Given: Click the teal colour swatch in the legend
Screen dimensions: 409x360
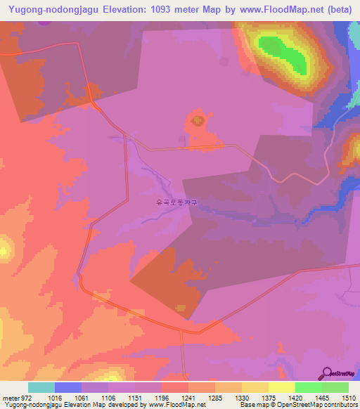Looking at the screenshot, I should (x=41, y=387).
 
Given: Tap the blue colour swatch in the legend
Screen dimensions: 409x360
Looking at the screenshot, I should (x=67, y=387).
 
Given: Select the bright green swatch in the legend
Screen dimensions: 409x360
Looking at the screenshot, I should (x=308, y=387).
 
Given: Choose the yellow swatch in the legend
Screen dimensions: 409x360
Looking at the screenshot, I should (x=281, y=387).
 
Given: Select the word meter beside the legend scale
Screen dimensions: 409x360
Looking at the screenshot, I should (x=11, y=397).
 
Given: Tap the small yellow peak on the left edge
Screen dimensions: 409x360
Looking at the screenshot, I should (x=4, y=247).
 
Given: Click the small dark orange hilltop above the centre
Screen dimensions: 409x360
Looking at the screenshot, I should (x=196, y=122).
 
